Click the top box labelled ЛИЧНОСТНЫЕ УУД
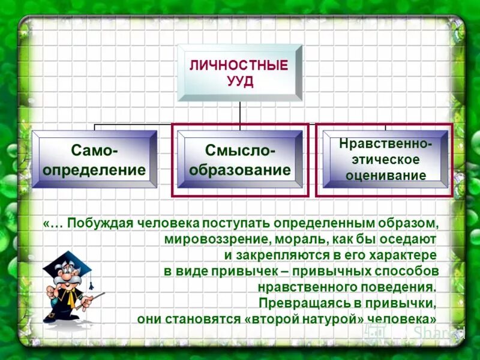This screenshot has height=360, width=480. pos(239,73)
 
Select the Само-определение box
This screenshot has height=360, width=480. pos(94,160)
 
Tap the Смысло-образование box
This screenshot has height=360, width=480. pos(240,160)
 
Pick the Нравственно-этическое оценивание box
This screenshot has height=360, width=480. pos(385,160)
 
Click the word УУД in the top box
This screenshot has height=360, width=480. pos(239,82)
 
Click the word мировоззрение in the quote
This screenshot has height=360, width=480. pos(209,239)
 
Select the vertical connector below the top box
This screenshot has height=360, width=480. pos(240,113)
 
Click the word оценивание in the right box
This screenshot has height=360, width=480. pos(385,175)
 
